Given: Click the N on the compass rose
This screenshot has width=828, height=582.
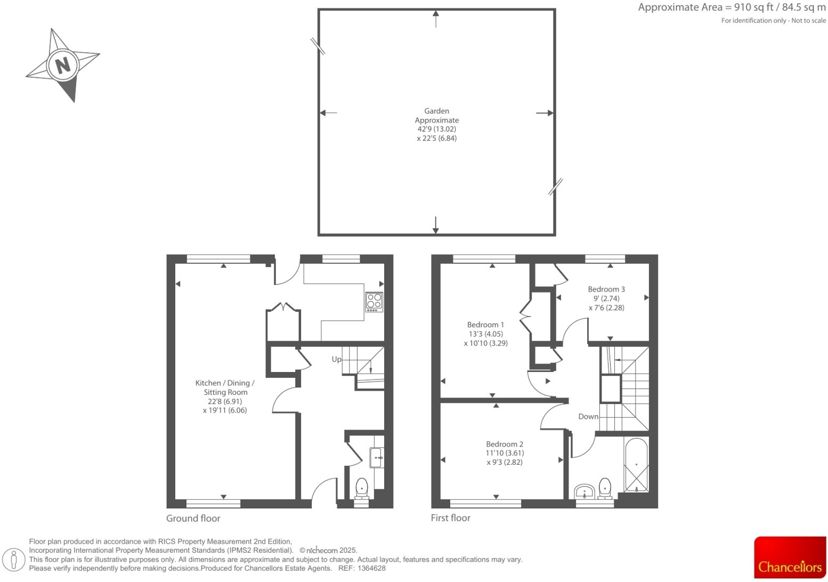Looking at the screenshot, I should click(x=63, y=65).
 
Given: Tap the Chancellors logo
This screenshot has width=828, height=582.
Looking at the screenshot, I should click(x=790, y=557).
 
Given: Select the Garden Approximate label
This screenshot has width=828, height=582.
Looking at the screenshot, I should click(x=436, y=116).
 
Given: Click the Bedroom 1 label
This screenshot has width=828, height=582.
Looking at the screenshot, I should click(x=485, y=325).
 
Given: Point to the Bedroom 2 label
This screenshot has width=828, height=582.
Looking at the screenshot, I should click(x=504, y=444).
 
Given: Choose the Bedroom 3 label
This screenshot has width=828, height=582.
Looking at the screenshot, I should click(x=606, y=289).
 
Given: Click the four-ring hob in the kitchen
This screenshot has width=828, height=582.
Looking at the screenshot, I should click(x=374, y=302).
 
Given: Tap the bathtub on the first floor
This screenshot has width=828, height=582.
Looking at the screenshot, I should click(x=636, y=465).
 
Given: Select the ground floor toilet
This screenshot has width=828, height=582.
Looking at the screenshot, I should click(x=362, y=488).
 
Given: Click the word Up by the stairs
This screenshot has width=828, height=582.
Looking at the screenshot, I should click(x=336, y=359).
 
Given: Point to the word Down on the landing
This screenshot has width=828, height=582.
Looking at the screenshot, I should click(x=588, y=416).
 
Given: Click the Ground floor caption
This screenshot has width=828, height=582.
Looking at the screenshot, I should click(x=193, y=518).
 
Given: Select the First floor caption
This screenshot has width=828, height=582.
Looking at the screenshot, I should click(x=450, y=518).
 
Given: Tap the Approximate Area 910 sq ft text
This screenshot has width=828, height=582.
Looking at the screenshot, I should click(x=732, y=7).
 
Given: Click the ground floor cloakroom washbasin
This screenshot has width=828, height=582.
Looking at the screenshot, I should click(x=377, y=457).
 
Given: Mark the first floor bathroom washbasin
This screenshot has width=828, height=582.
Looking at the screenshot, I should click(x=585, y=491).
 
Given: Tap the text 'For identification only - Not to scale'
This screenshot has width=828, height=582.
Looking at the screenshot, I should click(x=773, y=20).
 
